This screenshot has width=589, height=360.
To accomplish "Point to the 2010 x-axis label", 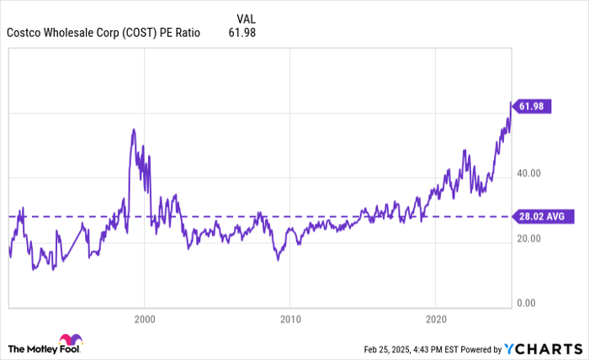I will coord(289,320).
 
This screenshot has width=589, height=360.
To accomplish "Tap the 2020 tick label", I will coord(436,320).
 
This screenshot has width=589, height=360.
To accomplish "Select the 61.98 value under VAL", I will coord(241,34).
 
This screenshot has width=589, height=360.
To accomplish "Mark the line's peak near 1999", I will coord(134,129).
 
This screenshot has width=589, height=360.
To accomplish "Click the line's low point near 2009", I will coord(278,260).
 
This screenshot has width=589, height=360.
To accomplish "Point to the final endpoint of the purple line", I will coord(511,103).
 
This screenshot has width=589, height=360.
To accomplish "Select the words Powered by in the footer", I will coord(479,349).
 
